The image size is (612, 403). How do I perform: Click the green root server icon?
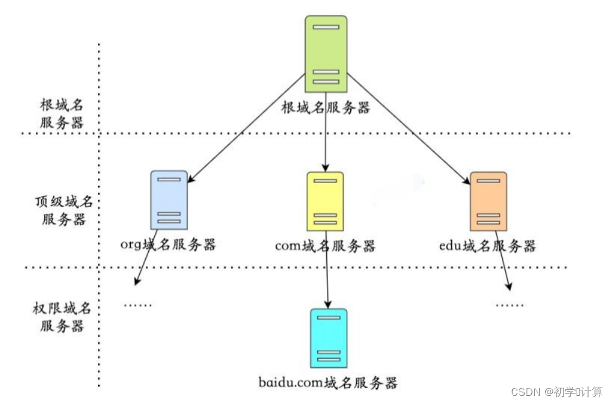click(x=326, y=54)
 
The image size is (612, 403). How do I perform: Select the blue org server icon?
click(x=169, y=200)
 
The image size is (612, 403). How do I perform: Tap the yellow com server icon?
click(x=325, y=201)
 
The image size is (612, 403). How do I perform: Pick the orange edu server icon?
click(x=488, y=201)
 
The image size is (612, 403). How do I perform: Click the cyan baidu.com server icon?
click(x=329, y=338)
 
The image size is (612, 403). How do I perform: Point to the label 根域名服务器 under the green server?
click(x=326, y=108)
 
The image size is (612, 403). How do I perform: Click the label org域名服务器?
click(x=168, y=245)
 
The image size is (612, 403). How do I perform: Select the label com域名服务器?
click(x=325, y=246)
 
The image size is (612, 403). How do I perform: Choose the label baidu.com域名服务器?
click(x=328, y=382)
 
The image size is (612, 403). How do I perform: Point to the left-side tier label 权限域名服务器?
click(x=62, y=317)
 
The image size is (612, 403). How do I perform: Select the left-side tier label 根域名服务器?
click(x=62, y=114)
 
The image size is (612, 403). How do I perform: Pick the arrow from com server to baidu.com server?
click(x=328, y=275)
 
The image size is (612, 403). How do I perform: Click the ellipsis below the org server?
click(x=138, y=306)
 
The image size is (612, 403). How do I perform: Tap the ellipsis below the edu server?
click(x=510, y=306)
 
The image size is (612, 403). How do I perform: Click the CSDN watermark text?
click(x=556, y=392)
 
